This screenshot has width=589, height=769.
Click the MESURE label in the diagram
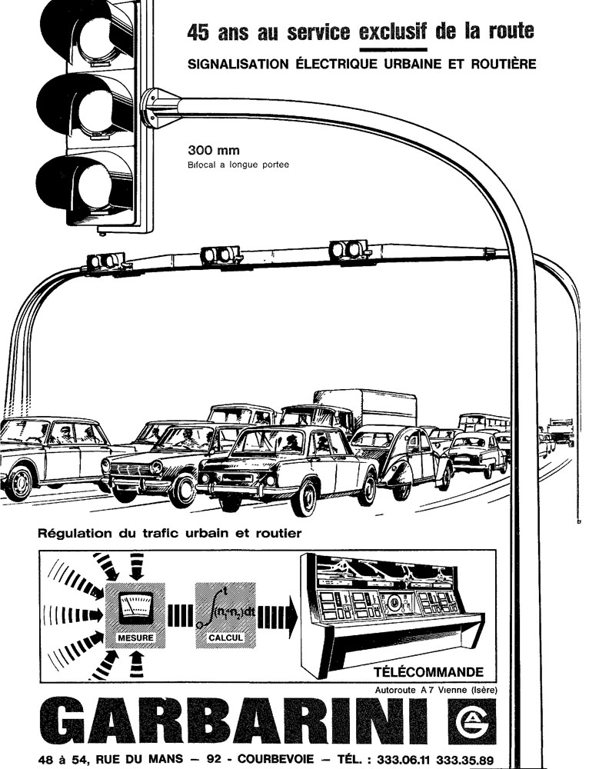click(x=135, y=638)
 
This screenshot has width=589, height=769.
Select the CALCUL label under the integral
click(x=225, y=638)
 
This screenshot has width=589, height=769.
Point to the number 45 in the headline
click(x=199, y=32)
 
